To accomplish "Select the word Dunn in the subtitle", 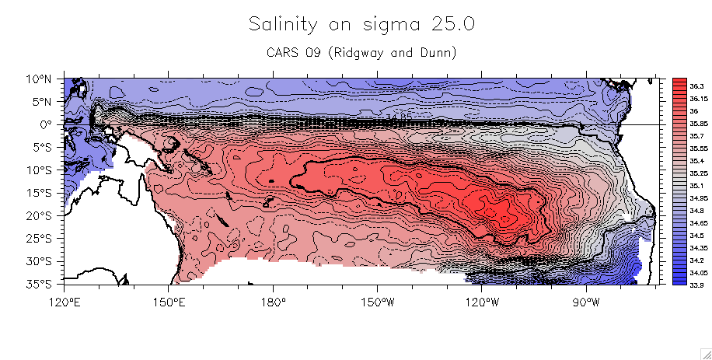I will pos(436,53).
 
